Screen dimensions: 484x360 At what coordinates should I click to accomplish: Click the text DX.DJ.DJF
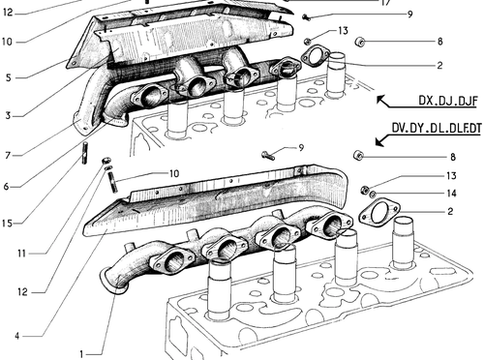(x=447, y=101)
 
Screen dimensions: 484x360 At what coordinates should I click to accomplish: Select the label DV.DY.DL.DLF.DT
(x=436, y=128)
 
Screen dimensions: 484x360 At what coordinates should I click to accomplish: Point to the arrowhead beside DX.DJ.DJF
(x=381, y=100)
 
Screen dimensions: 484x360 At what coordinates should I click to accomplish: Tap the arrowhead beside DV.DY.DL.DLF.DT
(x=380, y=141)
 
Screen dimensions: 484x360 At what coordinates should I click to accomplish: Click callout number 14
(x=451, y=194)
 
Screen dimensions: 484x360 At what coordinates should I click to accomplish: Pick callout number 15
(x=7, y=224)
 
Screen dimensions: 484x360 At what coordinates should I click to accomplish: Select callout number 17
(x=386, y=3)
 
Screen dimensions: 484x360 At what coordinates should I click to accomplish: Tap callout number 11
(x=21, y=254)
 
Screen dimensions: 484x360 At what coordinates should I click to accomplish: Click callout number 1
(x=81, y=354)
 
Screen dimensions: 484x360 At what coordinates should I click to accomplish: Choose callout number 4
(x=17, y=336)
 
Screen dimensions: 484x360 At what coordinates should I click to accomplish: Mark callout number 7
(x=8, y=156)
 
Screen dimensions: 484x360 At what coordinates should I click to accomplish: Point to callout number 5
(x=8, y=77)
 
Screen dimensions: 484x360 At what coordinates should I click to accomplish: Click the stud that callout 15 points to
(x=85, y=153)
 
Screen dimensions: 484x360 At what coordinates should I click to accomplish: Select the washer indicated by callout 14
(x=373, y=194)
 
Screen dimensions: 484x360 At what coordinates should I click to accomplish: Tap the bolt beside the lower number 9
(x=268, y=156)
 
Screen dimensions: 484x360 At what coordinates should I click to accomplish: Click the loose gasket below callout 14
(x=379, y=212)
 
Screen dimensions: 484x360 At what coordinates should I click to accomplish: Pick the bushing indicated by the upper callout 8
(x=359, y=42)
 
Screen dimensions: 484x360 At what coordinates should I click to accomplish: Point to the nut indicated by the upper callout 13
(x=307, y=41)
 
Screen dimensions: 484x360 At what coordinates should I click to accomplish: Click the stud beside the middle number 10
(x=112, y=182)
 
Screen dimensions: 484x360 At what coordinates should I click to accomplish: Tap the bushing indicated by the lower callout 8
(x=358, y=155)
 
